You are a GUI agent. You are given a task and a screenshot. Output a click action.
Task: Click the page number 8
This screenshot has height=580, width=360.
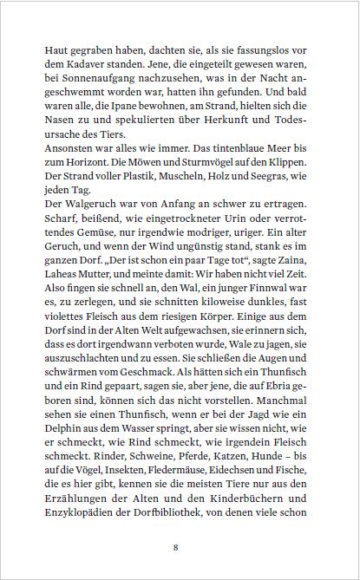(176, 548)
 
